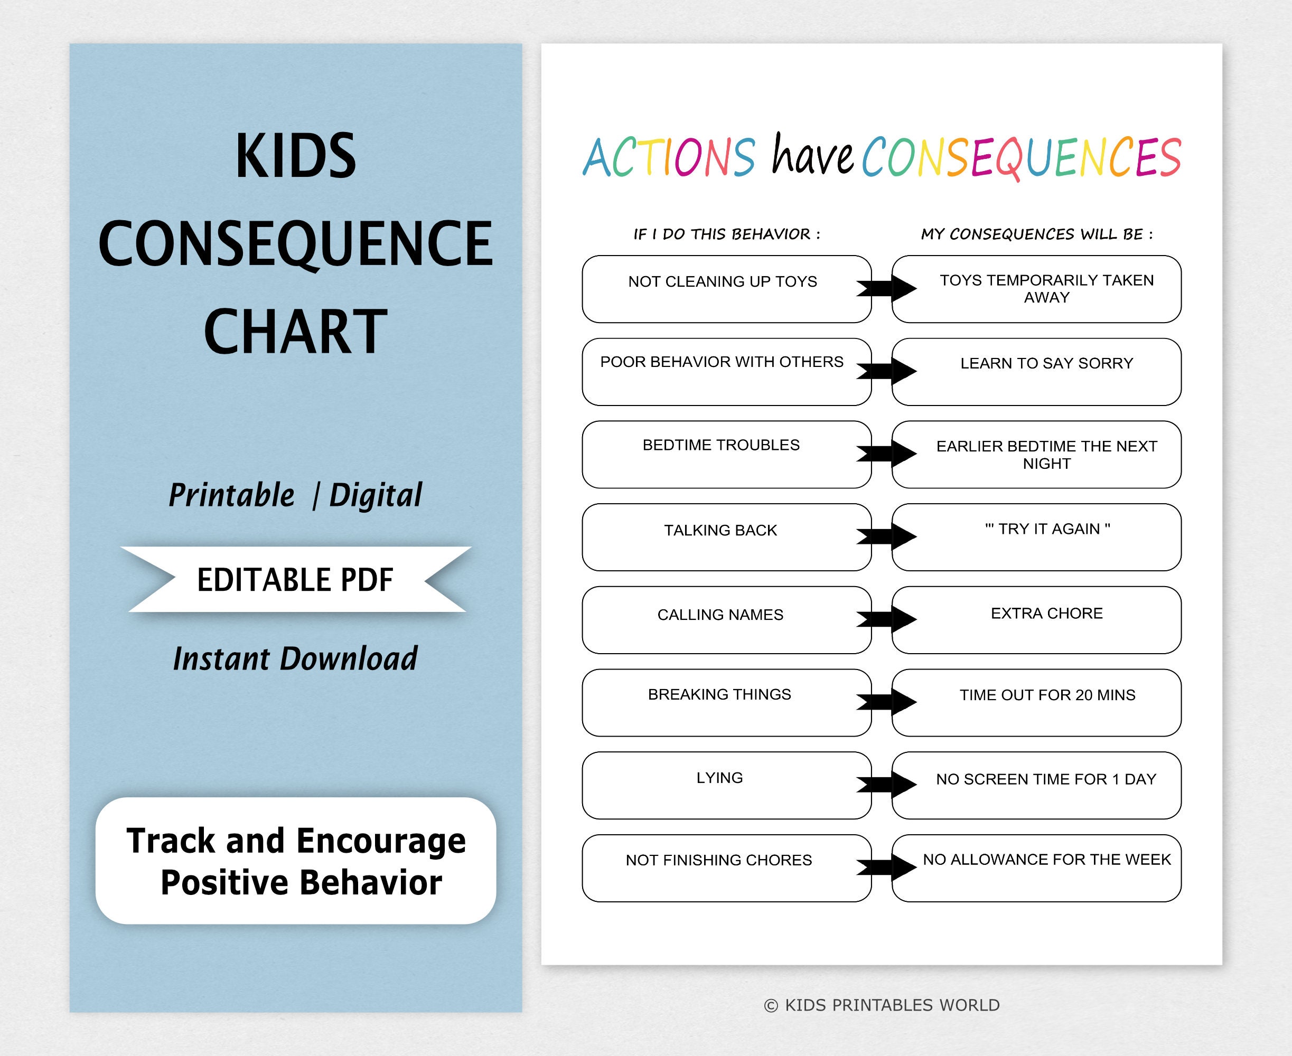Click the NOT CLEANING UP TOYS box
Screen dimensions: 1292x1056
[x=727, y=289]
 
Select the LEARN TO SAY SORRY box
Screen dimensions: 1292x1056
[x=1036, y=372]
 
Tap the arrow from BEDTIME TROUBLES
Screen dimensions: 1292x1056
[x=886, y=453]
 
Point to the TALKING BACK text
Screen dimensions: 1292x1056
[x=720, y=531]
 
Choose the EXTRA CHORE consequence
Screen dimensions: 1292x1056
[x=1047, y=613]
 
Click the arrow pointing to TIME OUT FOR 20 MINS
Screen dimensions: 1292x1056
[x=886, y=702]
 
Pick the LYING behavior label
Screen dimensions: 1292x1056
[x=719, y=777]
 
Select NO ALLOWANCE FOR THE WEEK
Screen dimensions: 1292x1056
[x=1047, y=860]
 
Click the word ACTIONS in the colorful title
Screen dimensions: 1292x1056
[x=669, y=157]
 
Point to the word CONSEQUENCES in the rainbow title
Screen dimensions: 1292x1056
[x=1021, y=158]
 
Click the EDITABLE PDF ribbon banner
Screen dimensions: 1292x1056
[x=296, y=579]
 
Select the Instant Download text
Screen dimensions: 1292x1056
[x=295, y=659]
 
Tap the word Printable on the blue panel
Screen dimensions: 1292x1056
[x=231, y=495]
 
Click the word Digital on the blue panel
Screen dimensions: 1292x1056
[x=376, y=495]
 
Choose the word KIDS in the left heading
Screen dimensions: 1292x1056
[x=296, y=156]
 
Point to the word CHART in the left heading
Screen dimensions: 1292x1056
[x=296, y=332]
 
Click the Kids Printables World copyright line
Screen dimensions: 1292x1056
[x=881, y=1005]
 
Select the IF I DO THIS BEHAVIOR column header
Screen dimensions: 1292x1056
[x=727, y=234]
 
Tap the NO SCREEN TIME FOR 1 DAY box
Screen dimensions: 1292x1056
[x=1036, y=785]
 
